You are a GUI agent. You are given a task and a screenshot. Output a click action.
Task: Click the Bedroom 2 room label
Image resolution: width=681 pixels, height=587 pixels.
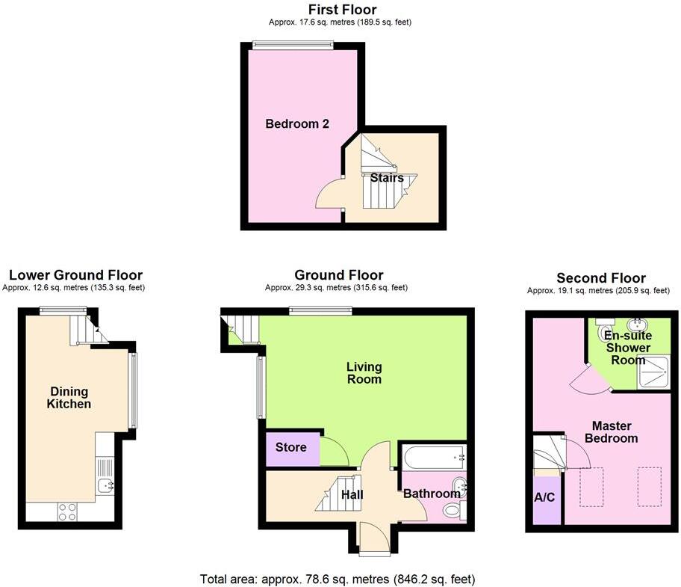tap(297, 124)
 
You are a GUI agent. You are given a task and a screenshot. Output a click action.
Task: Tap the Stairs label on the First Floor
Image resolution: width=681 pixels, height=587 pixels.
tap(387, 178)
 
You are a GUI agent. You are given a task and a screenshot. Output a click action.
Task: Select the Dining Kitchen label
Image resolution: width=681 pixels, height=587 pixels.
tap(69, 398)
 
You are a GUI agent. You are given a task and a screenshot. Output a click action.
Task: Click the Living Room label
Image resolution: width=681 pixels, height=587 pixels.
tap(364, 373)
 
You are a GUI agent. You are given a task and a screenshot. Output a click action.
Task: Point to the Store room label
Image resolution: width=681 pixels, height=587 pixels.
tap(291, 447)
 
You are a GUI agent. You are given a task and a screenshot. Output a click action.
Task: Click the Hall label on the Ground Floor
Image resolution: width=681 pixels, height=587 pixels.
tap(352, 494)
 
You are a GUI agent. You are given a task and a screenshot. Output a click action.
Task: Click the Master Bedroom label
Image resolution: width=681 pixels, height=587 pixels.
tap(611, 432)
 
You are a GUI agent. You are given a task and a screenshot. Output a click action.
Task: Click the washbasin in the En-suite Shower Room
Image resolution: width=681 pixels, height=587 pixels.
tap(636, 326)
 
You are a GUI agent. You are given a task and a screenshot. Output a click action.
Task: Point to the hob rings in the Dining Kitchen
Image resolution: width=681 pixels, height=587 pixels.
tap(67, 511)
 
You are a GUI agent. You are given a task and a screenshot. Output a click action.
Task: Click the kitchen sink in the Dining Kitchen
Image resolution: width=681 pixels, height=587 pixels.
tap(105, 486)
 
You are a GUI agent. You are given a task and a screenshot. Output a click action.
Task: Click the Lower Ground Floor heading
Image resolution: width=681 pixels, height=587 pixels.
tap(75, 276)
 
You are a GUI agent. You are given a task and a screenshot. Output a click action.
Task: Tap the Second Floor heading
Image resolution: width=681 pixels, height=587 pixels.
tap(601, 278)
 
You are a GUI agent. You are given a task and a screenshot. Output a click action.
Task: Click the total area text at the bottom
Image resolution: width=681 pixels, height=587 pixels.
tap(338, 579)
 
